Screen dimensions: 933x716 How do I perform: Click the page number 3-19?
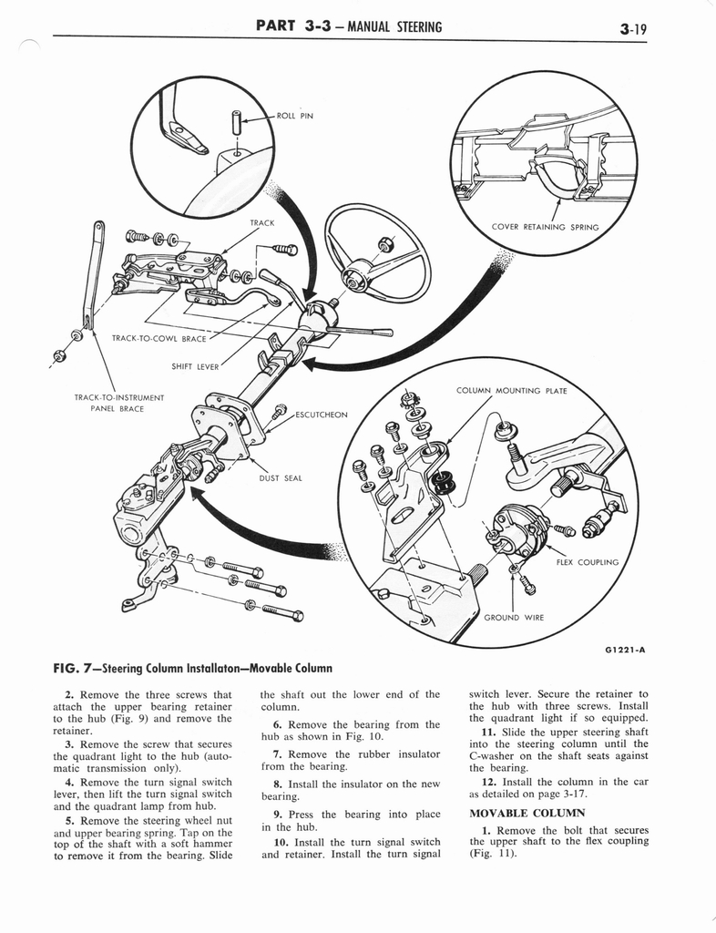coord(639,28)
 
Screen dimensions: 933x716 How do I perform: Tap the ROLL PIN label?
coord(294,116)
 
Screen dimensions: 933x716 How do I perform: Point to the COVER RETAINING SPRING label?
coord(545,227)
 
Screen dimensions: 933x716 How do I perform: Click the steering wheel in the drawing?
coord(378,252)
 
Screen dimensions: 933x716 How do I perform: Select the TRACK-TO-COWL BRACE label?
coord(159,338)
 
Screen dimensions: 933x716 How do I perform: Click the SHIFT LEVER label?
coord(196,367)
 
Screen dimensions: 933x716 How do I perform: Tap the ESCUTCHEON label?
coord(320,415)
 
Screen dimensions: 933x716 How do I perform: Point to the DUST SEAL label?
coord(280,477)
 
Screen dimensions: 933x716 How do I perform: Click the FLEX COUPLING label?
coord(588,562)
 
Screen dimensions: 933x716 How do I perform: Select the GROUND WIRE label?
coord(514,617)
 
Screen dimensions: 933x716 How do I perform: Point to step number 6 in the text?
coord(275,724)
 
